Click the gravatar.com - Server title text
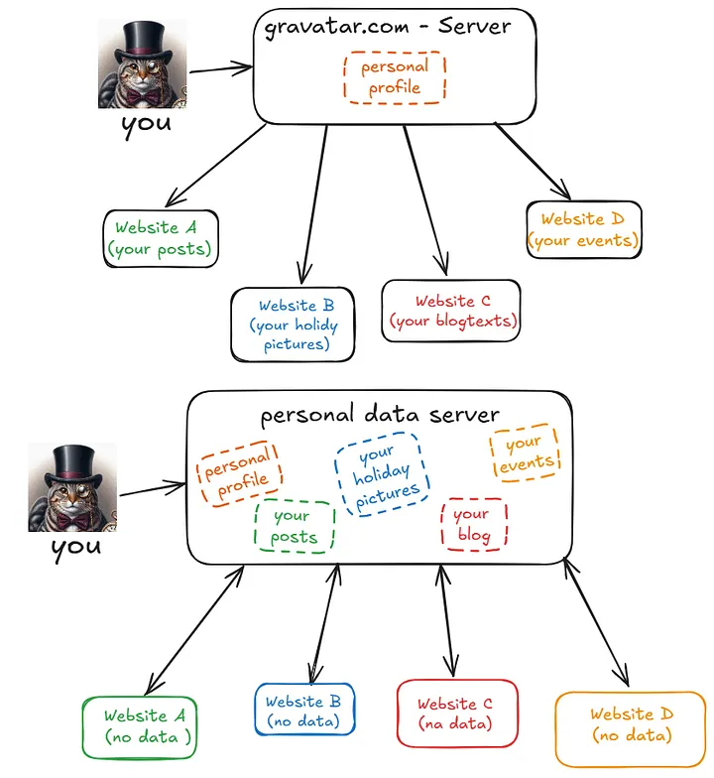(x=388, y=27)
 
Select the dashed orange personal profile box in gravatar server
(x=395, y=77)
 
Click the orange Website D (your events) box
(x=583, y=230)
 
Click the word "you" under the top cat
(x=146, y=125)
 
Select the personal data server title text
(x=380, y=414)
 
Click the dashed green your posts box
(x=294, y=527)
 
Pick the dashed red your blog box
(x=473, y=525)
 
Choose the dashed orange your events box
(x=525, y=454)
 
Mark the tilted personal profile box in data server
(x=238, y=472)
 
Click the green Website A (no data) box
(x=149, y=726)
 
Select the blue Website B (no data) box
(x=303, y=711)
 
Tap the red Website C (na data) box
(x=456, y=713)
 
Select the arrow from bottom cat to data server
(x=153, y=488)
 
